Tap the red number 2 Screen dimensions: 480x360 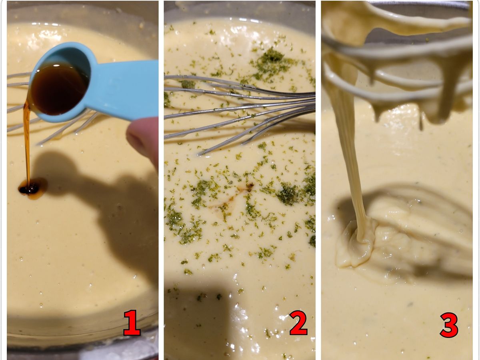pos(298,323)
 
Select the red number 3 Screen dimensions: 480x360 pos(449,325)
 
